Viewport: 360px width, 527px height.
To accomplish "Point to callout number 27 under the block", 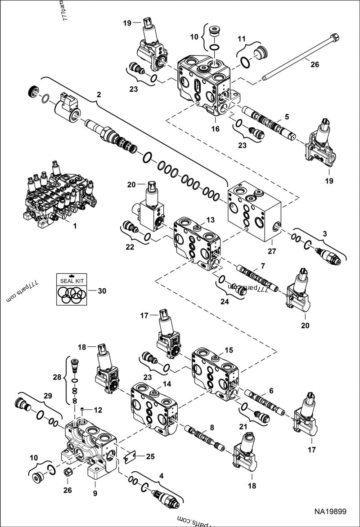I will [x=271, y=251].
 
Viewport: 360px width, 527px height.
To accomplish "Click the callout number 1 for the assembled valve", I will [x=74, y=226].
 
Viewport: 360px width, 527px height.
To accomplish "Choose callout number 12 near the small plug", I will [x=98, y=410].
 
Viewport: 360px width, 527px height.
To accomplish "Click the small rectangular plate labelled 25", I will [x=130, y=456].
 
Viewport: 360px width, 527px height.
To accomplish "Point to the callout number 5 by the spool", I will [x=287, y=116].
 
